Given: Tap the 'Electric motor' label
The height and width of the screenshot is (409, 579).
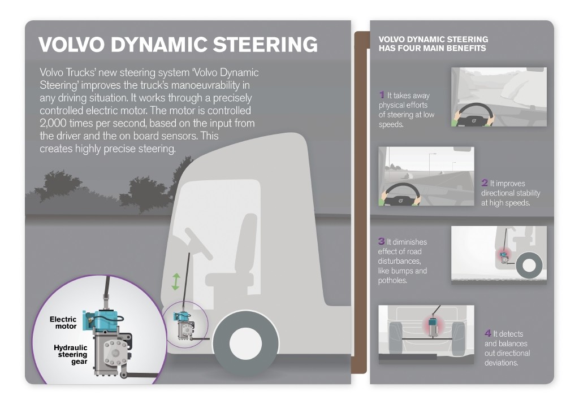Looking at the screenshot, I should [63, 323].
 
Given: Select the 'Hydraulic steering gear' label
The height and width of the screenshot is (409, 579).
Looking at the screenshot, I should [71, 354].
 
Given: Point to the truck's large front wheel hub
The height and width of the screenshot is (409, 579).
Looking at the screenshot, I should [246, 343].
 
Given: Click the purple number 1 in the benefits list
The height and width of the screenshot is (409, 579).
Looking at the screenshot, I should [382, 95].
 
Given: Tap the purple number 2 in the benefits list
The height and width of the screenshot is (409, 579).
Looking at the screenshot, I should [485, 183].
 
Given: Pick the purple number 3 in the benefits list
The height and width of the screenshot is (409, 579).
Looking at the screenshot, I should [382, 241].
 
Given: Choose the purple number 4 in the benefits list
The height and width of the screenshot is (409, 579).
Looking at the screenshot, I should [488, 333].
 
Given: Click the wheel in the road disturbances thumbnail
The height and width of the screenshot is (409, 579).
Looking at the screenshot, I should [530, 264].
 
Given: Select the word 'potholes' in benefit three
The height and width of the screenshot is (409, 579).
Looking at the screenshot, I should [392, 281].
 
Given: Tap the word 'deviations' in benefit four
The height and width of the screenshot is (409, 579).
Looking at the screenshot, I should [502, 363].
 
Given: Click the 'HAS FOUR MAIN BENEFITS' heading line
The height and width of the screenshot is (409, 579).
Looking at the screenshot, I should [432, 49].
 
